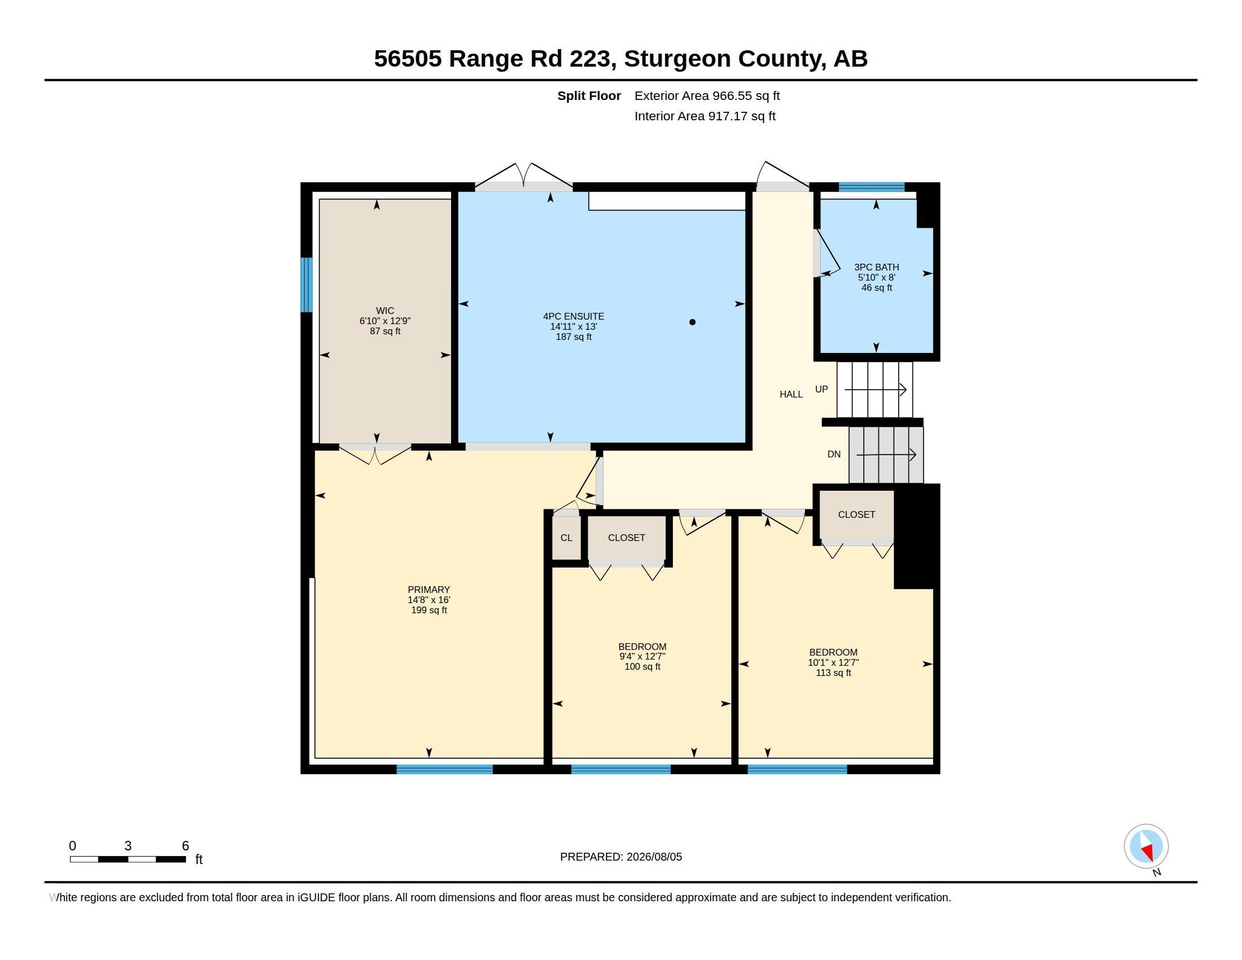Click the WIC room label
tap(384, 311)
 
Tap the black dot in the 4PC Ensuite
tap(692, 322)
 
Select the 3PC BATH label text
tap(876, 267)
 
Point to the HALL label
tap(791, 394)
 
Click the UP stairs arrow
tap(875, 390)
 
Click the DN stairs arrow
tap(886, 455)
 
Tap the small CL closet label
tap(566, 538)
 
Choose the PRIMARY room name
tap(429, 590)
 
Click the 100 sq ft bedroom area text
tap(642, 666)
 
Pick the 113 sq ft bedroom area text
tap(833, 673)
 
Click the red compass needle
tap(1148, 852)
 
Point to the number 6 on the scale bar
tap(185, 846)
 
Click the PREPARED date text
tap(621, 857)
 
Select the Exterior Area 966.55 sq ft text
tap(707, 95)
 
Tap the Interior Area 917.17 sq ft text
tap(705, 116)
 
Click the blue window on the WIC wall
tap(307, 285)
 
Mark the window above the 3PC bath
tap(871, 187)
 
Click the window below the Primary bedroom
tap(445, 770)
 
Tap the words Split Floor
tap(589, 95)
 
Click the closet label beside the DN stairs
tap(856, 514)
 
